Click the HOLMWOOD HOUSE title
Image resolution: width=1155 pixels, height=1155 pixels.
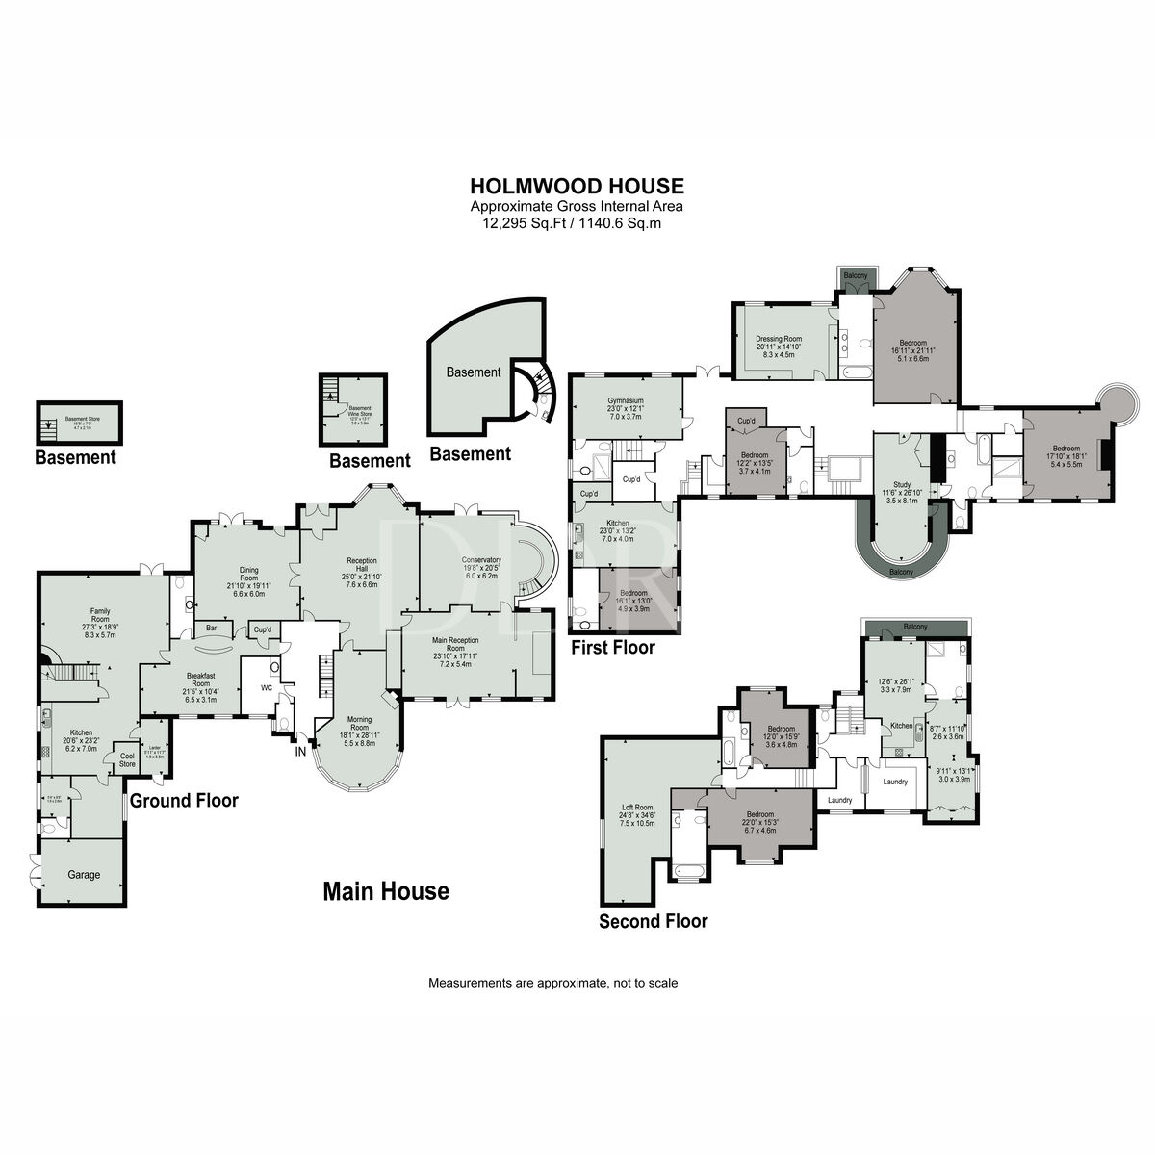pos(577,186)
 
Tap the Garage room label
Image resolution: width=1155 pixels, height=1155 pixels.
pos(84,875)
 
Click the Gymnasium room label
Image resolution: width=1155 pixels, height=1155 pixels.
pos(625,400)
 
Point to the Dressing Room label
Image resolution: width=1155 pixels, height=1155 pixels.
pos(778,339)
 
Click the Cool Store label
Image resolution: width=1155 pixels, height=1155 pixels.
pos(126,759)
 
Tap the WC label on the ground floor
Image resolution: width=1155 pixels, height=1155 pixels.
pos(268,687)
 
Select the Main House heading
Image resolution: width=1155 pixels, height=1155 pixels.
pos(385,891)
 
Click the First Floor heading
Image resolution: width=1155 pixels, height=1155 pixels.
pos(613,648)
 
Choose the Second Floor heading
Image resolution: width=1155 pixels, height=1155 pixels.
pos(653,921)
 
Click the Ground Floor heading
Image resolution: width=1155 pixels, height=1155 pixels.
pos(184,800)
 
